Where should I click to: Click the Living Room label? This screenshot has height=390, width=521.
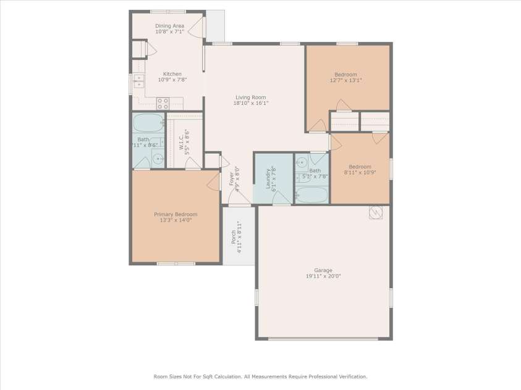[x=250, y=97]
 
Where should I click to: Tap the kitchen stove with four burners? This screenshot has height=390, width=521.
[x=163, y=103]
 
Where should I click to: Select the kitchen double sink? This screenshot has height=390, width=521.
[x=138, y=80]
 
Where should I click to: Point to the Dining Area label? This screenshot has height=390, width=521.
[x=169, y=26]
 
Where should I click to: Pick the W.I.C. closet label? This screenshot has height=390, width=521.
[x=182, y=140]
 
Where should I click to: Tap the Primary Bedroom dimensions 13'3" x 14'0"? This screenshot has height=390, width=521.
[x=176, y=220]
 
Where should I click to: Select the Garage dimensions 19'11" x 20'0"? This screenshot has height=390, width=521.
[x=323, y=276]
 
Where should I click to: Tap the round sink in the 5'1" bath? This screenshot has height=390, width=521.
[x=302, y=163]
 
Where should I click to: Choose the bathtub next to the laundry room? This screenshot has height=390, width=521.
[x=313, y=195]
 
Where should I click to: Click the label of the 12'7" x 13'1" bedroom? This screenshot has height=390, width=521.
[x=345, y=75]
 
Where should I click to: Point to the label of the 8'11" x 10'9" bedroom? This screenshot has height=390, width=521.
[x=360, y=167]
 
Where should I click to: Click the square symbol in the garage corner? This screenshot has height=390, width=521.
[x=375, y=212]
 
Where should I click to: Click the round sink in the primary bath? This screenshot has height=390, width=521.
[x=157, y=158]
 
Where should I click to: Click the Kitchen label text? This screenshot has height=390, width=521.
[x=172, y=74]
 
